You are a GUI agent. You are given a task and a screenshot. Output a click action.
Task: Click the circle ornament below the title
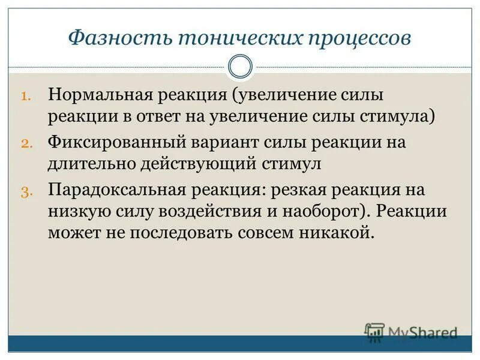click(241, 67)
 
